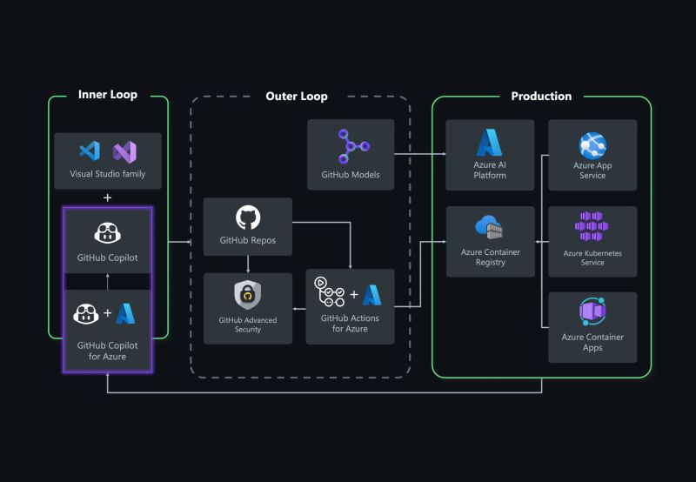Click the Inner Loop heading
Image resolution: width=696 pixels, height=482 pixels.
[108, 95]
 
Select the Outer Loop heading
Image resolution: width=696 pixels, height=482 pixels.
[297, 96]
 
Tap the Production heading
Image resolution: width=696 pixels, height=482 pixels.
[541, 96]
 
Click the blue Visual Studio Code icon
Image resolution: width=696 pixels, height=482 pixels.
[90, 151]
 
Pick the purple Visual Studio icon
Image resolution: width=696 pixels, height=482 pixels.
[125, 151]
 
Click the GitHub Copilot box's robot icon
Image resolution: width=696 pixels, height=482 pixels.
[108, 232]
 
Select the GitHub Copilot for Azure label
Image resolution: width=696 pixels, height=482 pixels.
[108, 351]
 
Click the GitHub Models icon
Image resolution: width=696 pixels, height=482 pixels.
[351, 145]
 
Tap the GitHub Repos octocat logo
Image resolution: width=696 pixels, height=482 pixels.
[248, 218]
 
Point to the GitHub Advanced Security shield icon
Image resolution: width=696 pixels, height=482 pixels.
[248, 296]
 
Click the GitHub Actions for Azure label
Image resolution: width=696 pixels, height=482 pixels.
[350, 324]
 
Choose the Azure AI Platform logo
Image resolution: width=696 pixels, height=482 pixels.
[490, 143]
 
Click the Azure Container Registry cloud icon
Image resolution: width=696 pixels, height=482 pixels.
[490, 228]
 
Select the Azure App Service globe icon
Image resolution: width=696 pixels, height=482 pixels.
[592, 145]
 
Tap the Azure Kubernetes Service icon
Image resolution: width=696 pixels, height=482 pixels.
[592, 228]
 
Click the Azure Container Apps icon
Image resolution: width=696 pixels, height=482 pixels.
[592, 311]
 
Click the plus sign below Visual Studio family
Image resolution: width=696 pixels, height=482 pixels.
[108, 197]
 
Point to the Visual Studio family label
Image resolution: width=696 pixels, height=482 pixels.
[108, 174]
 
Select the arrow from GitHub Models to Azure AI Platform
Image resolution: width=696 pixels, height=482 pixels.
[419, 155]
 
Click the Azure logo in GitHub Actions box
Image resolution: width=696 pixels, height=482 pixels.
[372, 296]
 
